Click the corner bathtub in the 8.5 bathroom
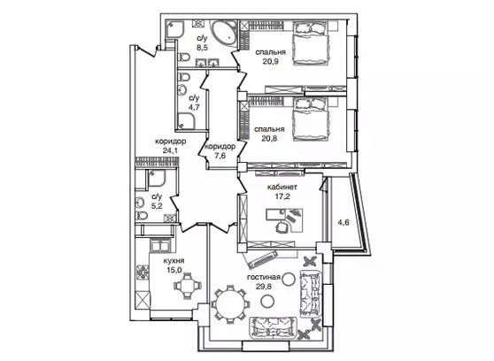pyautogui.click(x=224, y=34)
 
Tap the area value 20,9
pyautogui.click(x=270, y=62)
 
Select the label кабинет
pyautogui.click(x=282, y=187)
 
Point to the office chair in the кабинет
pyautogui.click(x=282, y=227)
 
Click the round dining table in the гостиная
pyautogui.click(x=230, y=304)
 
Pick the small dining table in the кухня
pyautogui.click(x=188, y=286)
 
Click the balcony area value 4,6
pyautogui.click(x=343, y=223)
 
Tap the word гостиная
pyautogui.click(x=264, y=278)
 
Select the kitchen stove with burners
pyautogui.click(x=143, y=273)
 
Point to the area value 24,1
pyautogui.click(x=171, y=150)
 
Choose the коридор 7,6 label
pyautogui.click(x=220, y=151)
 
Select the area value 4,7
pyautogui.click(x=194, y=107)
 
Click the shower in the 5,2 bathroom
pyautogui.click(x=157, y=180)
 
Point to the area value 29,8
pyautogui.click(x=264, y=287)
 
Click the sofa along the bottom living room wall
pyautogui.click(x=274, y=327)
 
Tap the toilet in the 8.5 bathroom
pyautogui.click(x=183, y=58)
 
